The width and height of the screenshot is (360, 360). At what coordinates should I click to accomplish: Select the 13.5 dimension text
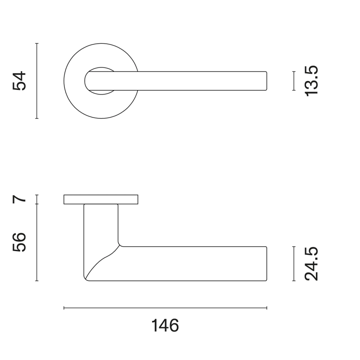click(x=311, y=81)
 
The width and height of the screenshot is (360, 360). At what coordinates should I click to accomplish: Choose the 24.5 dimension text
click(x=311, y=264)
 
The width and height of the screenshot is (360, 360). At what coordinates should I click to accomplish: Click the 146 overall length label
click(x=165, y=325)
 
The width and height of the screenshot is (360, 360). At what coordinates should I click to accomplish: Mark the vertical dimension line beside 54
click(x=37, y=81)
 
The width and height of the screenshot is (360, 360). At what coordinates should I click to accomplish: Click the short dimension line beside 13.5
click(x=293, y=81)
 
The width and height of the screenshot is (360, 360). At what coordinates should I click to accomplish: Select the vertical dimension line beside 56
click(x=37, y=243)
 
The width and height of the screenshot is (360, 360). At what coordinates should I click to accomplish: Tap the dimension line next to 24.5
click(x=293, y=264)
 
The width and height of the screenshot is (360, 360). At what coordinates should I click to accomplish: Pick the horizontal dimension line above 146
click(x=165, y=308)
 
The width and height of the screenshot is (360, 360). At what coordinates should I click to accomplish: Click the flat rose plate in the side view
click(x=101, y=199)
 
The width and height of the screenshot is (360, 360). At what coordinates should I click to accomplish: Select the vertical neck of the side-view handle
click(x=101, y=225)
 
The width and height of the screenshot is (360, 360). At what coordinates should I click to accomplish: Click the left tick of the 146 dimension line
click(x=64, y=308)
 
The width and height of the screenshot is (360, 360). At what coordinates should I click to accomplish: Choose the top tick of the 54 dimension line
click(x=37, y=44)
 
